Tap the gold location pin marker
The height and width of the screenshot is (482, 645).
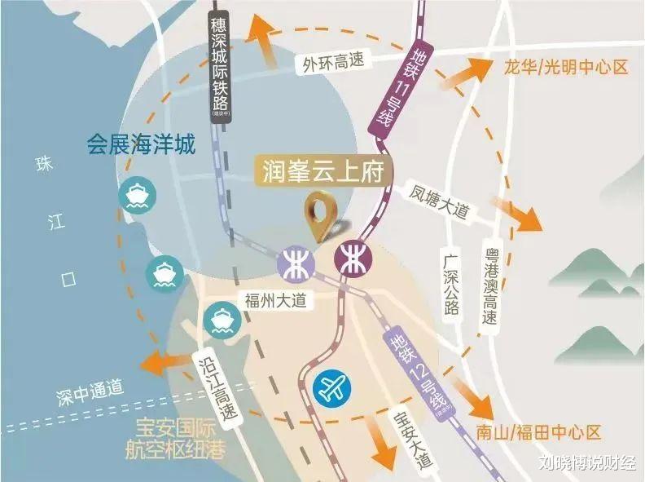pyautogui.click(x=323, y=216)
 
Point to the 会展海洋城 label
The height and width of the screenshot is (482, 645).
pyautogui.click(x=142, y=146)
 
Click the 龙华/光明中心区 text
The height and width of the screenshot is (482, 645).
pyautogui.click(x=561, y=67)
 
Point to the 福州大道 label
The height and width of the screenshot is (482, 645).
pyautogui.click(x=275, y=301)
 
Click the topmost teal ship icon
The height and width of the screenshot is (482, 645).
pyautogui.click(x=134, y=195)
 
